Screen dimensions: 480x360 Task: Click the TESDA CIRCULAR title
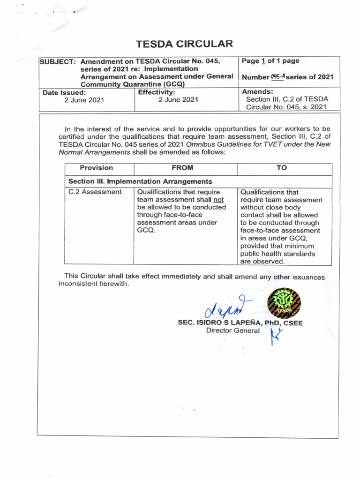pos(184,44)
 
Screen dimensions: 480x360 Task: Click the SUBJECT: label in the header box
pos(58,62)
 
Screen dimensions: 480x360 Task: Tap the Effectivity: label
pos(157,92)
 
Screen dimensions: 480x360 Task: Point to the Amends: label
pos(256,91)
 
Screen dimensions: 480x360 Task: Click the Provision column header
pos(96,168)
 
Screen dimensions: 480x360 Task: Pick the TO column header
pos(282,168)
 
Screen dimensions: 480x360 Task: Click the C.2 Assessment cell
pos(95,192)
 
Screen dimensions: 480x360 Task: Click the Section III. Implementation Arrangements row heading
pos(140,181)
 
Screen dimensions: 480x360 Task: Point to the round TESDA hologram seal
pos(284,304)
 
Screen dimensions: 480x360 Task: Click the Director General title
pos(232,331)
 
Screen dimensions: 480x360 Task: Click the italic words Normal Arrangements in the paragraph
pos(88,152)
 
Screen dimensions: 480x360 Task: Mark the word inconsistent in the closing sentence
pos(80,284)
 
